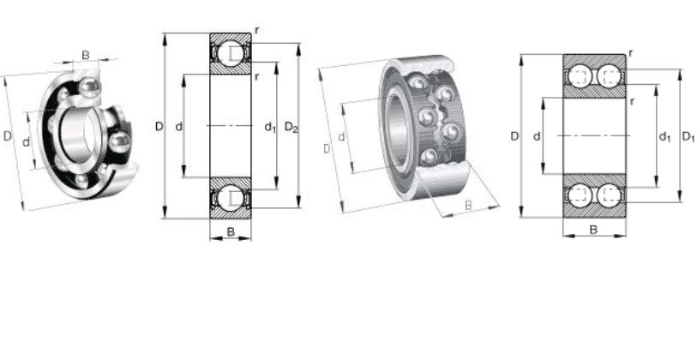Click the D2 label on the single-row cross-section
[291, 128]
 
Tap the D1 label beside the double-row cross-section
[688, 137]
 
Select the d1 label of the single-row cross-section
[270, 128]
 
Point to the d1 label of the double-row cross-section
[664, 137]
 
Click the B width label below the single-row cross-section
[231, 231]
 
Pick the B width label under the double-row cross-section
[593, 230]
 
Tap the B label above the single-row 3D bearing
[86, 55]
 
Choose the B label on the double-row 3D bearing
[468, 206]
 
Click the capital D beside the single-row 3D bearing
[7, 136]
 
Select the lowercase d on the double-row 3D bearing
[341, 137]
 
